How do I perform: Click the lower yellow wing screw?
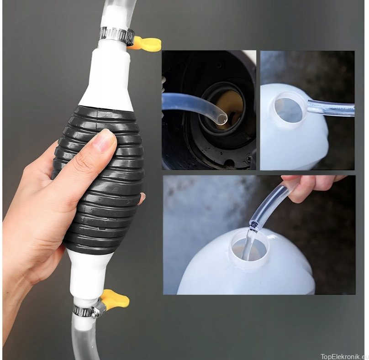tap(116, 297)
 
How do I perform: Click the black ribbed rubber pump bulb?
tap(99, 179)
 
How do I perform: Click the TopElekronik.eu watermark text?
tap(344, 356)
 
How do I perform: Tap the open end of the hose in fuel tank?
tap(221, 119)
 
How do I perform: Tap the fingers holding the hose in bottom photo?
tap(306, 187)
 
